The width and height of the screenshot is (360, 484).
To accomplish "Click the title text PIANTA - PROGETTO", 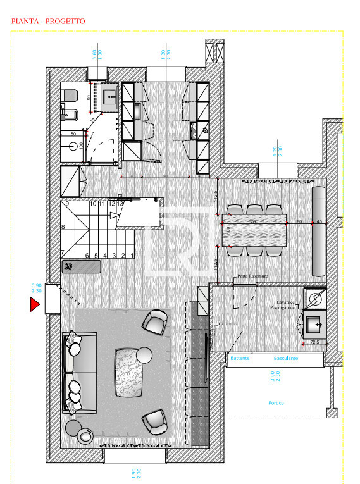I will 48,21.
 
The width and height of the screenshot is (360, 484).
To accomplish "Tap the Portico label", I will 275,403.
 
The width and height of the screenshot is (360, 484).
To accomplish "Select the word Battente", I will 240,359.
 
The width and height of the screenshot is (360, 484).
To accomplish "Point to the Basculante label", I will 286,359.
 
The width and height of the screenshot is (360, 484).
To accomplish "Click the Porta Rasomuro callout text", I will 247,276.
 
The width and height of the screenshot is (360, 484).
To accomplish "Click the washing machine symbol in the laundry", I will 314,297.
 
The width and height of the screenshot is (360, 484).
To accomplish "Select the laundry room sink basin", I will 314,326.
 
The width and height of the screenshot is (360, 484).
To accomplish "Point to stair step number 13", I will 120,204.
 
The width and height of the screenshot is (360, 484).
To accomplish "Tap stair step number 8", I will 63,226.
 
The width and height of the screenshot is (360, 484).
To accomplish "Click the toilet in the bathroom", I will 70,96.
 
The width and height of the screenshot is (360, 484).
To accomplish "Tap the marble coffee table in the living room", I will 129,373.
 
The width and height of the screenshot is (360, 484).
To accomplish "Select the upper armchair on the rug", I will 155,321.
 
